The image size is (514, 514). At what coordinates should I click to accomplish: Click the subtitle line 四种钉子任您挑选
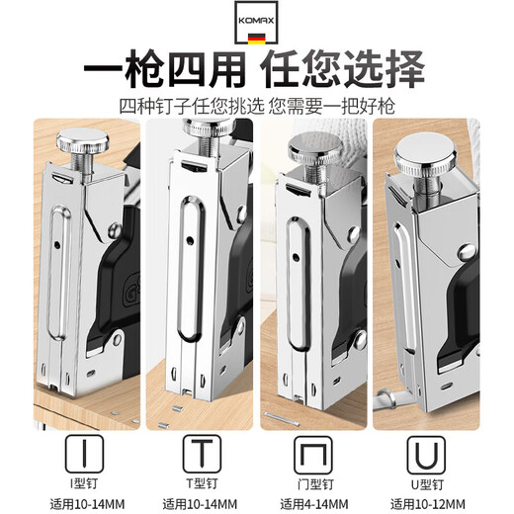(x=184, y=104)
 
